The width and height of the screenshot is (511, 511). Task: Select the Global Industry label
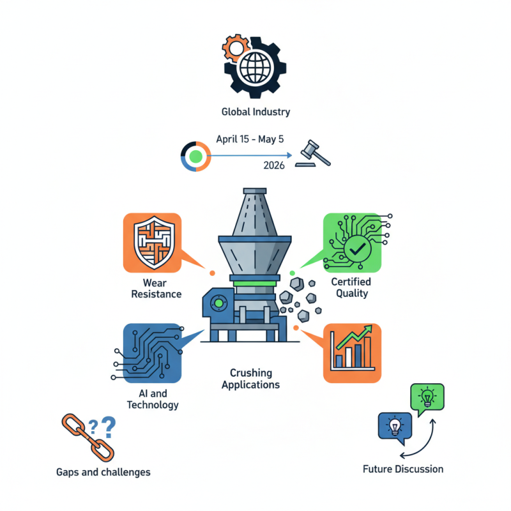pos(256,112)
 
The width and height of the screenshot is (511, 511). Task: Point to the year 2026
pos(274,165)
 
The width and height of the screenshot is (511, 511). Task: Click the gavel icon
pos(312,154)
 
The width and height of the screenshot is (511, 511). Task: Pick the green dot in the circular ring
pos(196,155)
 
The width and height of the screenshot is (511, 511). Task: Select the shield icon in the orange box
pos(151,243)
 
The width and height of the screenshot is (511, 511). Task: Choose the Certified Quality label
pos(351,288)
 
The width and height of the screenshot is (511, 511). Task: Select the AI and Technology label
pos(153,399)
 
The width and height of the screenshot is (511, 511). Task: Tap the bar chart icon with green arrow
pos(352,353)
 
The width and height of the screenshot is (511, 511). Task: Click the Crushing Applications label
pos(250,379)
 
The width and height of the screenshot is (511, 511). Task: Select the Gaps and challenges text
pos(103,472)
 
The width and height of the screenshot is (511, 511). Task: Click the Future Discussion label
pos(402,469)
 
